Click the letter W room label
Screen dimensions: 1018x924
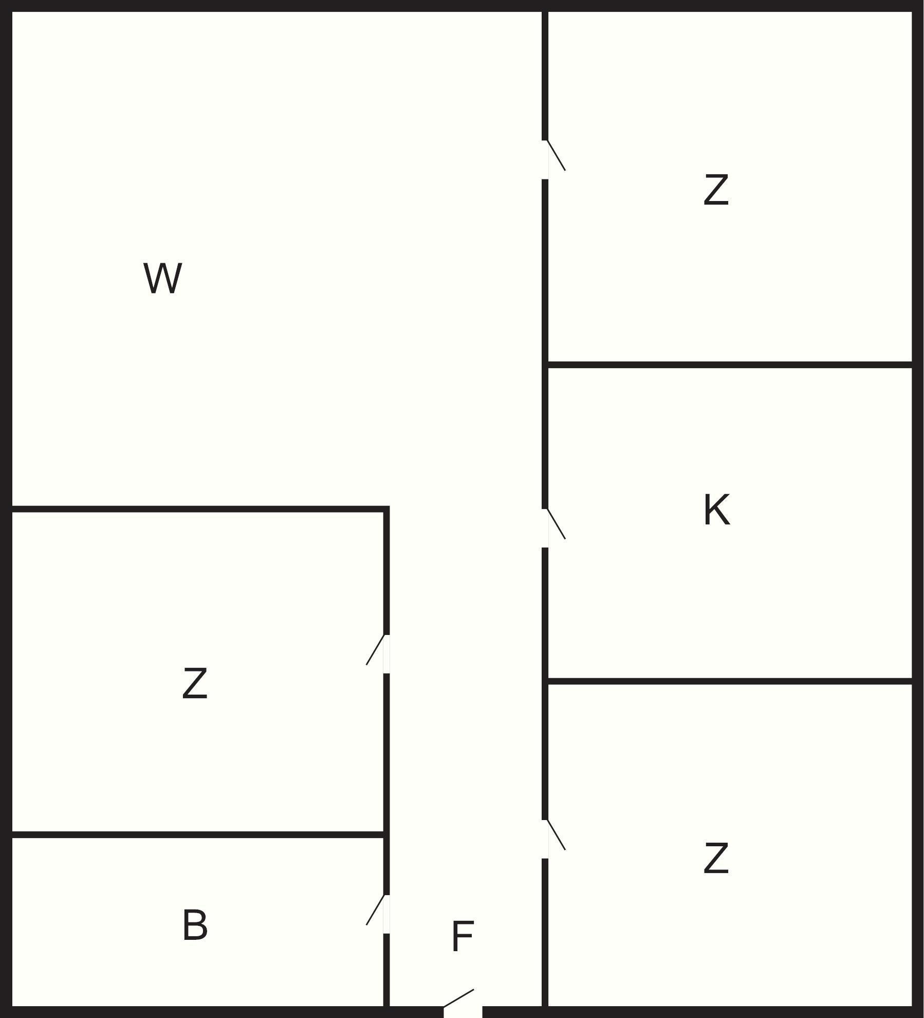click(162, 278)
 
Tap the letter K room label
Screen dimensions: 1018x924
click(716, 510)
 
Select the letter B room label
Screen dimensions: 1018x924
click(195, 925)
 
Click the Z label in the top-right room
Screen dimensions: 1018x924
click(716, 190)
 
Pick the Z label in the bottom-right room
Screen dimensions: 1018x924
click(716, 858)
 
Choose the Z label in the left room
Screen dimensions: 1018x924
click(195, 683)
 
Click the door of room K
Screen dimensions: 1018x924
click(546, 528)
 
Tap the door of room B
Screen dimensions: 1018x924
click(386, 914)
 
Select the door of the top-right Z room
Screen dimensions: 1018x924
click(546, 159)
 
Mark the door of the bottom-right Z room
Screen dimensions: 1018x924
click(546, 839)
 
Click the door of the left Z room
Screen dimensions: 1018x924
click(386, 653)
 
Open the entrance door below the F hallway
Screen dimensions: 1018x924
click(463, 1010)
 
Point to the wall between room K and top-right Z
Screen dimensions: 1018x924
click(730, 365)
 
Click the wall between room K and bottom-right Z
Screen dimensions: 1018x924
click(730, 681)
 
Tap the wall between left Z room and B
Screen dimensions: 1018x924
click(198, 834)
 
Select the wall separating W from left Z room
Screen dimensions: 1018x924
click(198, 509)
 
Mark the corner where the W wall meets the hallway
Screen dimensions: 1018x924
click(386, 509)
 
